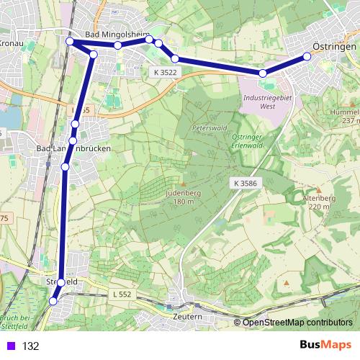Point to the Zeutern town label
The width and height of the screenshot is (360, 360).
188,316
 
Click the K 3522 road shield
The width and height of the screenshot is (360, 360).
165,72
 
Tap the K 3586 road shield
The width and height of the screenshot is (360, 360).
246,184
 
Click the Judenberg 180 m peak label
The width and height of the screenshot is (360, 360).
184,197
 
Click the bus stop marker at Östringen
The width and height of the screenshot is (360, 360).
307,55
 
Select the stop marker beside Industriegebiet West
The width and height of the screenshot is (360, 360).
264,73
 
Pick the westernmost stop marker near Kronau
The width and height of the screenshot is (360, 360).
70,42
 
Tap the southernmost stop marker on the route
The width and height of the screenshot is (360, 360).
53,302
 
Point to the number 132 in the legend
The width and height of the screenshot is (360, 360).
30,346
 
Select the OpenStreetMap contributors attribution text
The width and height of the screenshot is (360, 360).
297,323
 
